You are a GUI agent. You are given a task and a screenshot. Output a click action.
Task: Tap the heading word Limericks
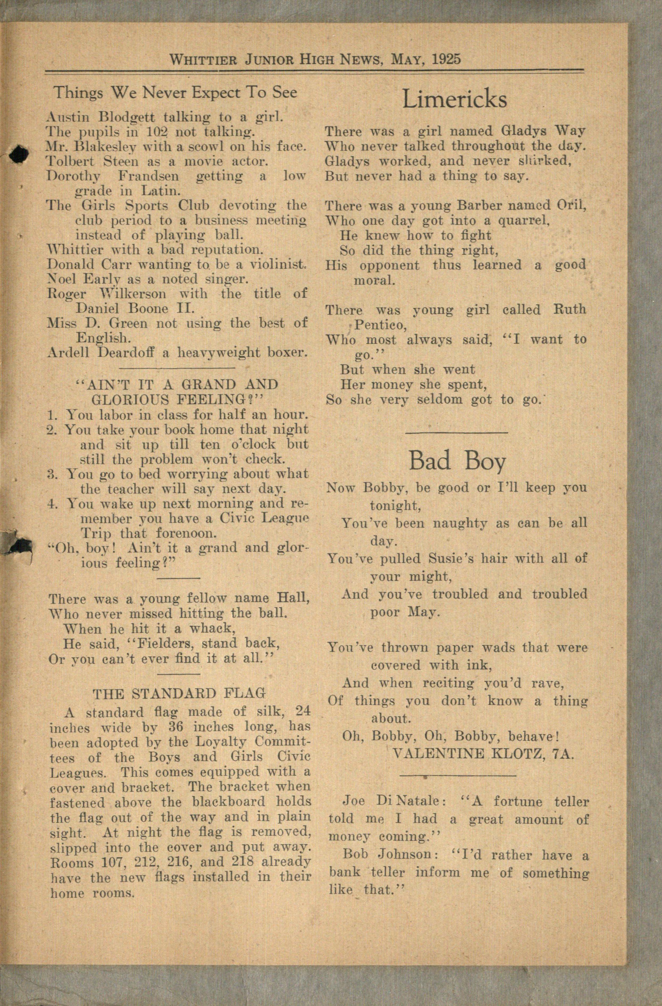click(x=454, y=100)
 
